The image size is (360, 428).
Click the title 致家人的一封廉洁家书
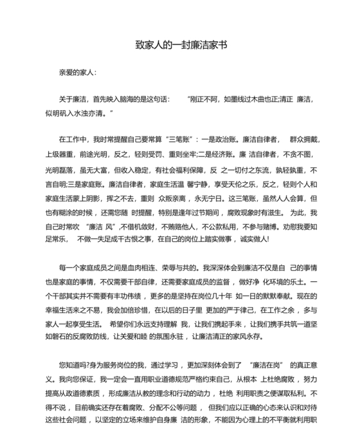[180, 46]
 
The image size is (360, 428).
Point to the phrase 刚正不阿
[205, 100]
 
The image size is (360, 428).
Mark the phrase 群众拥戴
[304, 139]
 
